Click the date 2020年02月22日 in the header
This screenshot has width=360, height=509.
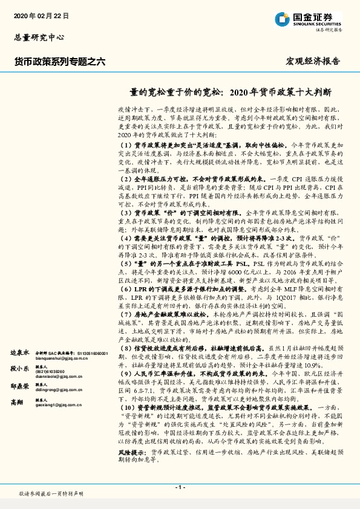coord(41,15)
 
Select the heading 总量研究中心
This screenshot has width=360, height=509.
coord(39,37)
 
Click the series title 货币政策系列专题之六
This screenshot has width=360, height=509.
coord(59,61)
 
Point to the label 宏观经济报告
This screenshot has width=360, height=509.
coord(313,61)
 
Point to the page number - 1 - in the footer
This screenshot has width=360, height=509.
coord(180,487)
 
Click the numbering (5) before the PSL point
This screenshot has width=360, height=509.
coord(125,264)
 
